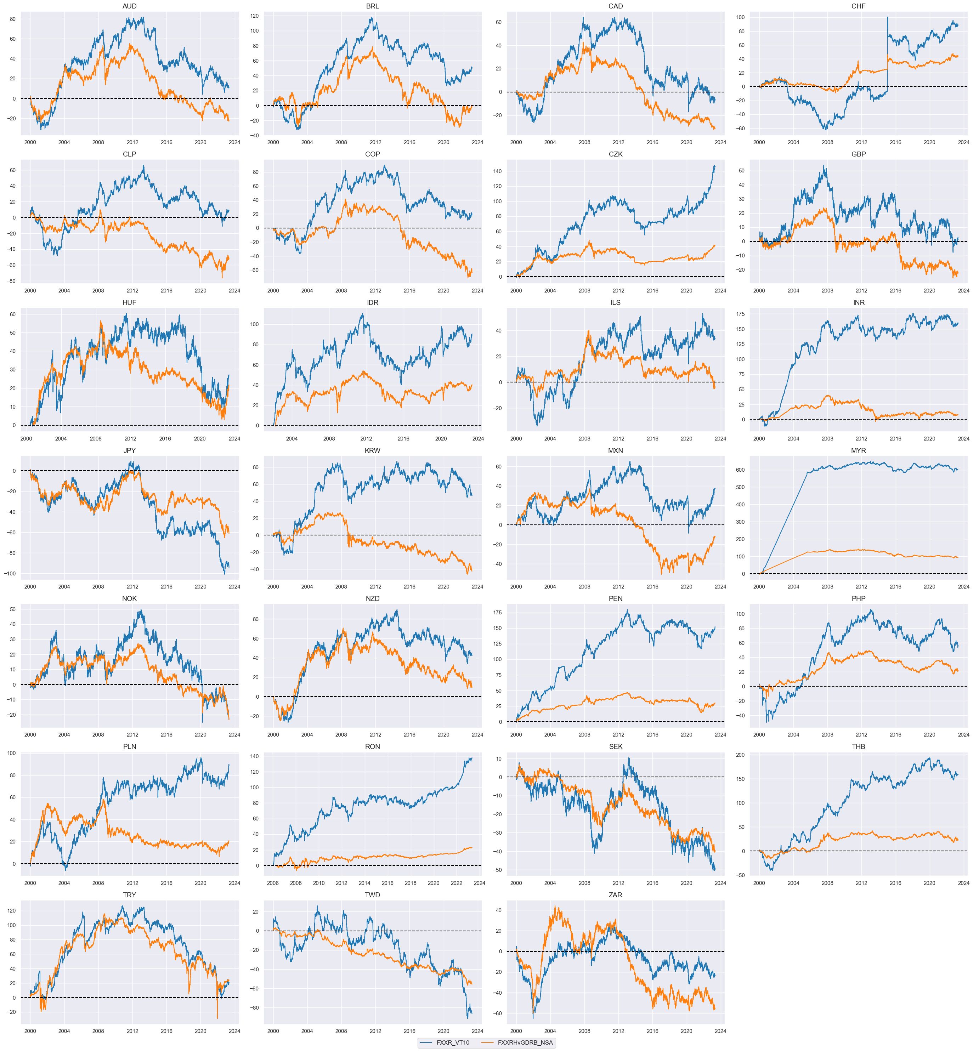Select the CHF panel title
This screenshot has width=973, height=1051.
(858, 6)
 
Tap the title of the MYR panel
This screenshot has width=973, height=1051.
(858, 450)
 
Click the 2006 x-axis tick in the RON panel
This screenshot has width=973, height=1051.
(273, 883)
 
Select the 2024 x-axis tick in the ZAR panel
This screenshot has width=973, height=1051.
(720, 1032)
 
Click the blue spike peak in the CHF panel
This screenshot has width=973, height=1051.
(887, 17)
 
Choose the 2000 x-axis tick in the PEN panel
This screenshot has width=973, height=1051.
(516, 735)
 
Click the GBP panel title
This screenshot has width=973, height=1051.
(858, 154)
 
